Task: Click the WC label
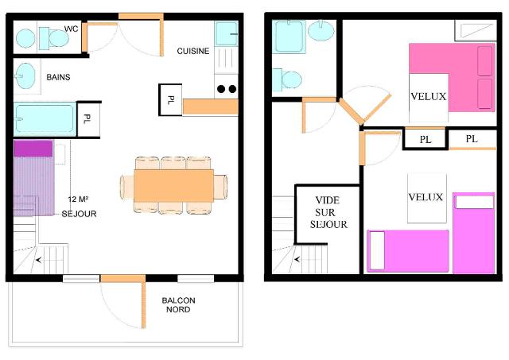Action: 71,29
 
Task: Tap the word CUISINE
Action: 192,51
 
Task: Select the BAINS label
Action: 58,77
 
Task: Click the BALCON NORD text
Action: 178,305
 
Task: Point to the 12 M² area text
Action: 79,199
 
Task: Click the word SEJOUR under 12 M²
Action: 79,214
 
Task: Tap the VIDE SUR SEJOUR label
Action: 328,212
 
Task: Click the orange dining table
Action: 173,185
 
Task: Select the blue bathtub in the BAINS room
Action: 45,118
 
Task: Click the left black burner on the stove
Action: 221,89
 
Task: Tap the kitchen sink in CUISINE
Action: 226,33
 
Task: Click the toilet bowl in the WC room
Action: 58,38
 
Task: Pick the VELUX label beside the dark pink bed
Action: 428,96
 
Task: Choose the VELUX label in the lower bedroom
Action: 425,197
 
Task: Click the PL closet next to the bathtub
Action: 87,119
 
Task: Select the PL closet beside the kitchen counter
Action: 170,100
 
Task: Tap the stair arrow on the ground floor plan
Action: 39,260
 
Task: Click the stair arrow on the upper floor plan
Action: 297,259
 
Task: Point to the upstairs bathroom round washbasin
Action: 321,30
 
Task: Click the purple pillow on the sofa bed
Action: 33,149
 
